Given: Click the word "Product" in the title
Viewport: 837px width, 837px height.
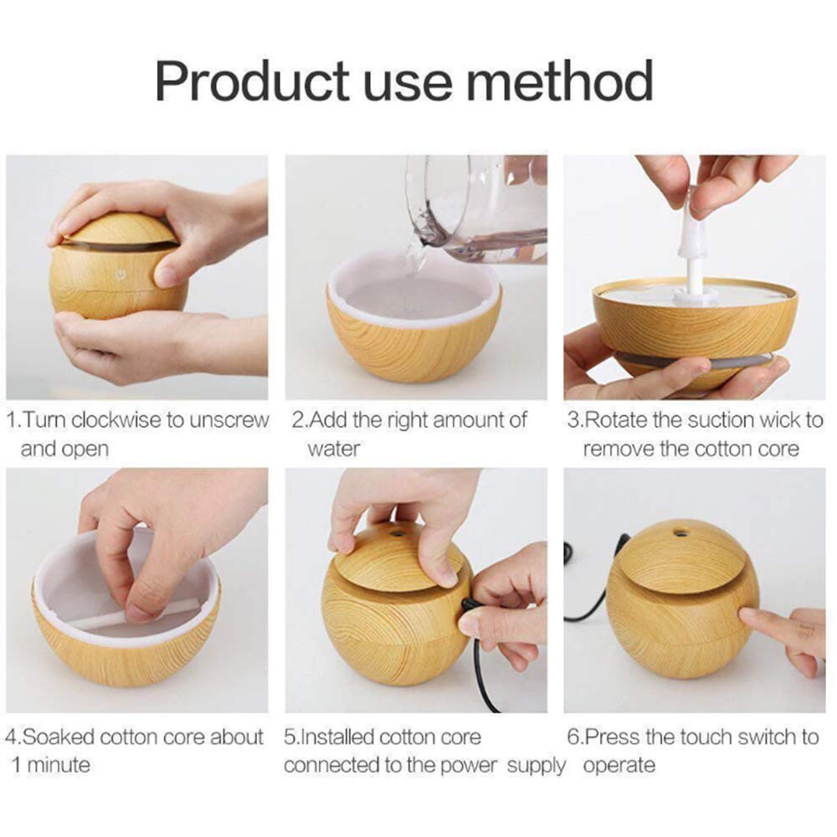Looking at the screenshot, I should pyautogui.click(x=250, y=82).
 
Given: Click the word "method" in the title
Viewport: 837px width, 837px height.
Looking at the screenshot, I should pyautogui.click(x=559, y=82).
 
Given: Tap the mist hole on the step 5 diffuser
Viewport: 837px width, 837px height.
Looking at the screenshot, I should pyautogui.click(x=396, y=531).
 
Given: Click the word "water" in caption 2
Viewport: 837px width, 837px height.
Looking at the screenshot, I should pyautogui.click(x=333, y=449).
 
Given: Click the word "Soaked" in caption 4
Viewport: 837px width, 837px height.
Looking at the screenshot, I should pyautogui.click(x=58, y=737).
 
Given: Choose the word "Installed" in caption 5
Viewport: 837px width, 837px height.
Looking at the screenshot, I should pyautogui.click(x=337, y=737).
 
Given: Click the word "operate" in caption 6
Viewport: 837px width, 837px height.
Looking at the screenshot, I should pyautogui.click(x=619, y=765).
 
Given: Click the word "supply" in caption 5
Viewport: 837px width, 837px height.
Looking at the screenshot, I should pyautogui.click(x=537, y=765).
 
